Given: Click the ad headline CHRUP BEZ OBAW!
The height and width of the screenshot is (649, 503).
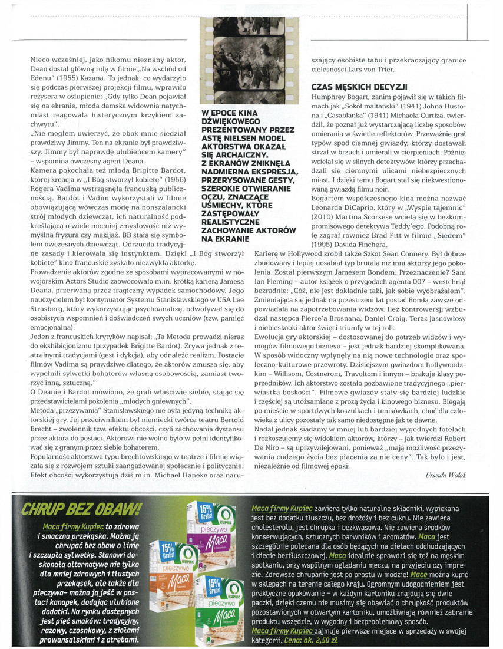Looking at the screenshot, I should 80,509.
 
